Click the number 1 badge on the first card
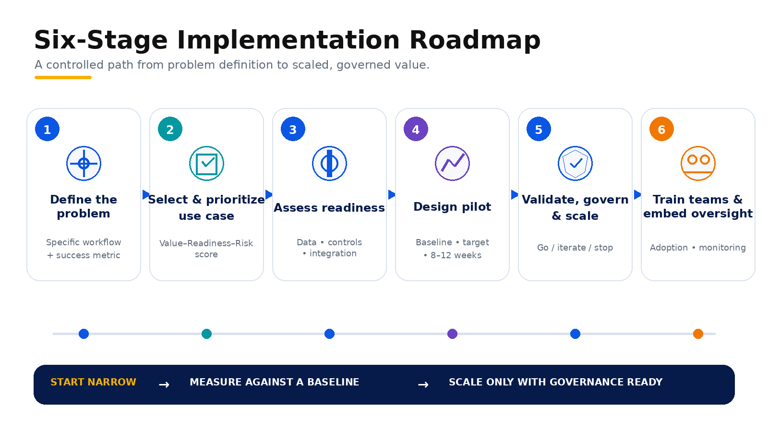(x=48, y=129)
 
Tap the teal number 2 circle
(x=170, y=129)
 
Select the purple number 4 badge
(x=416, y=129)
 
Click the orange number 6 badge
(x=662, y=129)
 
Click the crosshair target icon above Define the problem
(x=84, y=164)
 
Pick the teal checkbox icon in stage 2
(x=206, y=164)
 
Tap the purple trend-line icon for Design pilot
(x=452, y=164)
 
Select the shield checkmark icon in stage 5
(x=576, y=164)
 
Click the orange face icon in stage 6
(x=698, y=164)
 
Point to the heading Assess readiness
(x=329, y=208)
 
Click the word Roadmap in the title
(x=475, y=40)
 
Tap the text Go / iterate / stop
(x=575, y=248)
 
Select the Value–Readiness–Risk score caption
(x=206, y=249)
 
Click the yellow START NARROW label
(x=93, y=382)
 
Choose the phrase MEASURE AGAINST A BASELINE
(x=274, y=382)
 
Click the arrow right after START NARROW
(x=164, y=384)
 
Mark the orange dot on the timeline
(x=698, y=334)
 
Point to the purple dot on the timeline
(x=452, y=334)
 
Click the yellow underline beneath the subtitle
(x=63, y=77)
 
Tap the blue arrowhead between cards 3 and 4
(x=392, y=195)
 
